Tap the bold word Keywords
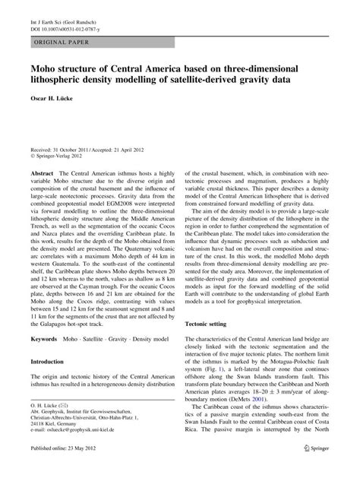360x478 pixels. point(43,336)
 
